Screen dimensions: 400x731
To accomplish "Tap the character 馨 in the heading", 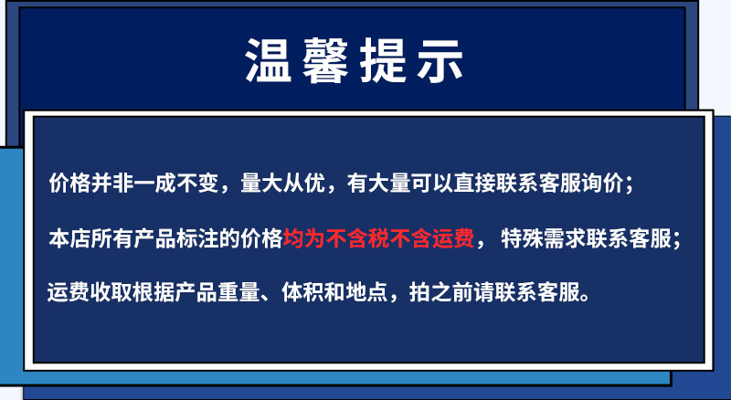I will [x=332, y=61].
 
